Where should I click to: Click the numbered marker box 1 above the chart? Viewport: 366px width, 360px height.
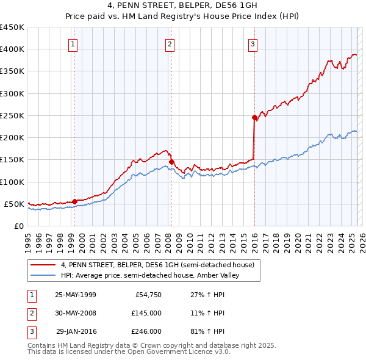[73, 43]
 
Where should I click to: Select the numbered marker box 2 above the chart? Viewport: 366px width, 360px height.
[170, 43]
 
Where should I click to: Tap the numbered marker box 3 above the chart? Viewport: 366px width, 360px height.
[253, 43]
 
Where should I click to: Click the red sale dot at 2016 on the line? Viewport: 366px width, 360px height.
[254, 117]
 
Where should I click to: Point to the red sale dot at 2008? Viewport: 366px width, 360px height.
[171, 162]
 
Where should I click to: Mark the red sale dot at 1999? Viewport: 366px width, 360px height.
[74, 201]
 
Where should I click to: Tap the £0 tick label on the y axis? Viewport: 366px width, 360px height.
[18, 226]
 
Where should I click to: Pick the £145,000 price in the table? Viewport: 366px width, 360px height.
[146, 313]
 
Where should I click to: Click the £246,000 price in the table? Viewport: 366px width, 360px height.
[146, 331]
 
